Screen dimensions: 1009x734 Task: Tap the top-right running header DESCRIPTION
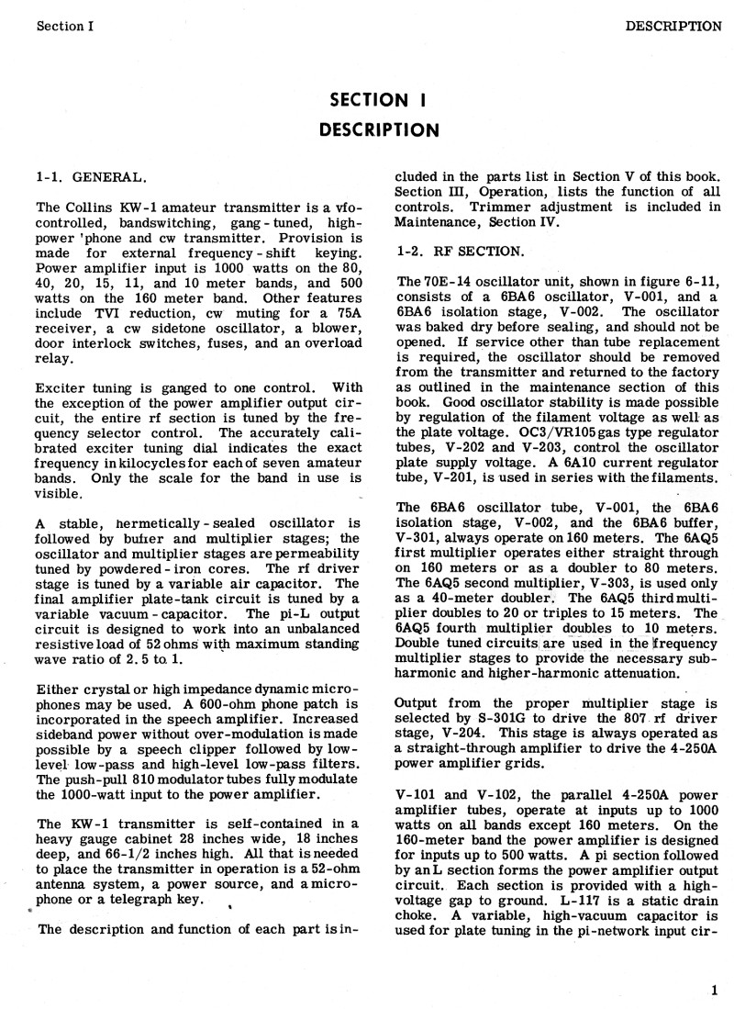pos(673,26)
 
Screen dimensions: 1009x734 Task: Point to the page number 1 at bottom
pos(713,990)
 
